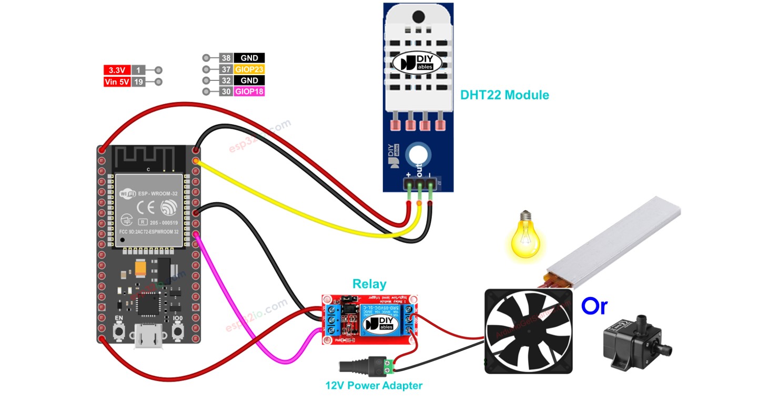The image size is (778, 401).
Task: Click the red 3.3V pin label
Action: [116, 70]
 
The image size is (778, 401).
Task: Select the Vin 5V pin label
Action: [117, 82]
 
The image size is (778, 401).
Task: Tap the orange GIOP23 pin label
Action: [249, 69]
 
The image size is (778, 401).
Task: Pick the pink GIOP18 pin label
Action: [249, 92]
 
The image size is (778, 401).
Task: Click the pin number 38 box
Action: [226, 58]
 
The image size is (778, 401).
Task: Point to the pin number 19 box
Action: [138, 82]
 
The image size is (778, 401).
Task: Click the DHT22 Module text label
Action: [504, 95]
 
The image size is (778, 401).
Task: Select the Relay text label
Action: [369, 284]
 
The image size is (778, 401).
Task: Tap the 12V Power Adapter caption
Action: [373, 385]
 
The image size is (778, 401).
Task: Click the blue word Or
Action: [594, 306]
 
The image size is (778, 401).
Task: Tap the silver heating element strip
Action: [615, 242]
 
